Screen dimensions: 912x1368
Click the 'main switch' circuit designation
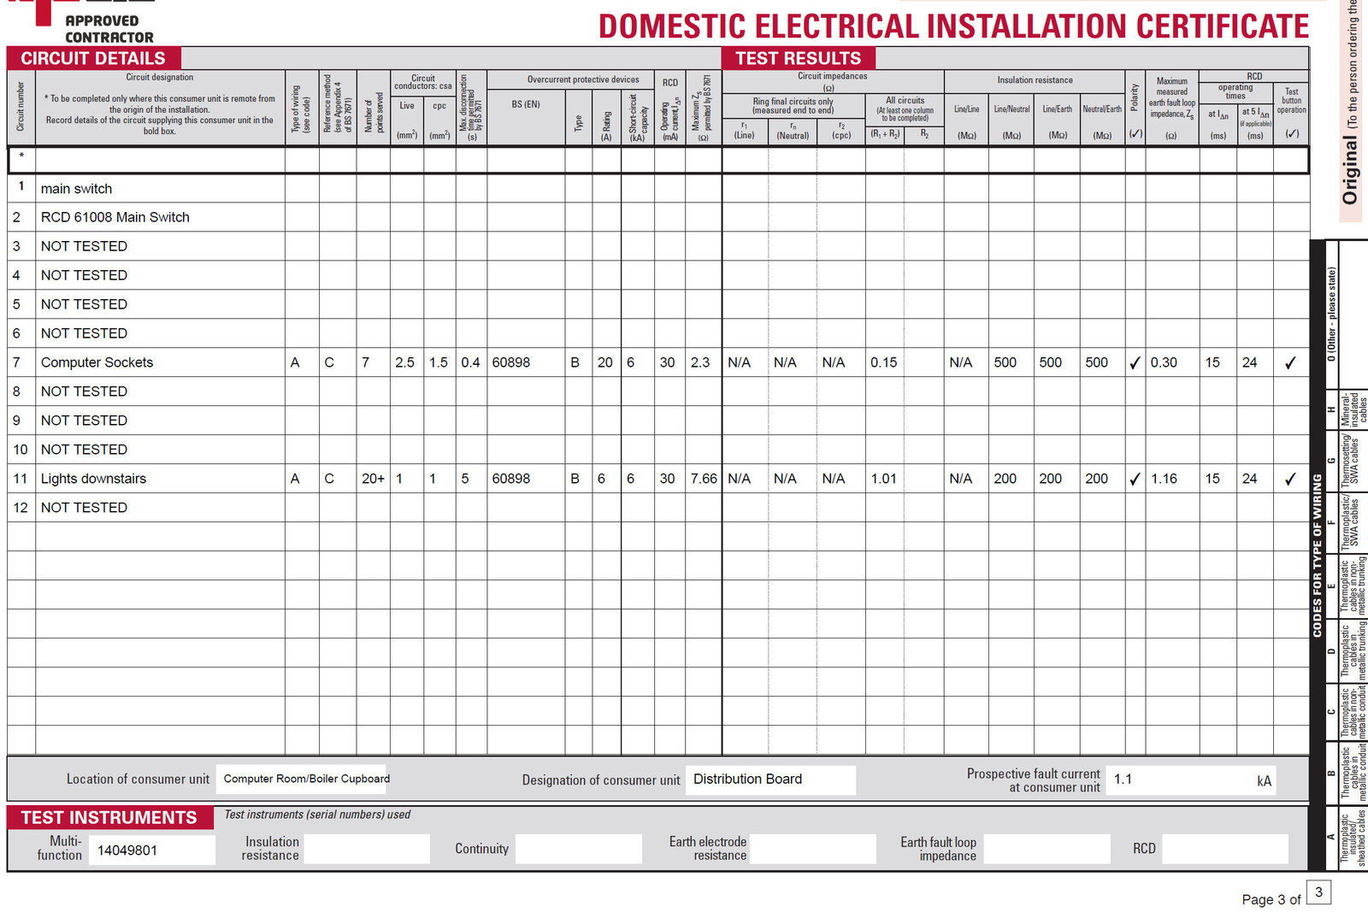point(76,189)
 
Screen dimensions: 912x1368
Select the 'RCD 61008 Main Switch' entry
point(115,217)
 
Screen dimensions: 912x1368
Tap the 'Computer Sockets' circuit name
point(97,362)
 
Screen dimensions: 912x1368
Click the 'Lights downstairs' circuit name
point(93,479)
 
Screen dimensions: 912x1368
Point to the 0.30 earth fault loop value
point(1164,362)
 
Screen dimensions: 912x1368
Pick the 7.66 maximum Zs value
point(704,479)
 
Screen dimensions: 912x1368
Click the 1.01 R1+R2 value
point(883,479)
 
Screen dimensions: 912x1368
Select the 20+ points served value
point(373,479)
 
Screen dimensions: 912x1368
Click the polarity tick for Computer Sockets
point(1135,363)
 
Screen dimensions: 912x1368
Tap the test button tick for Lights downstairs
point(1290,480)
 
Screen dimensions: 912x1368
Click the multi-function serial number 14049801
point(127,850)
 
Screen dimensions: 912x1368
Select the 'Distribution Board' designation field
point(748,780)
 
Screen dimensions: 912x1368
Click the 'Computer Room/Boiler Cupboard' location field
point(306,779)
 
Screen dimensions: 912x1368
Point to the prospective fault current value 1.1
point(1123,780)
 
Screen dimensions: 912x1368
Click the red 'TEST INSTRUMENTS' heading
point(109,818)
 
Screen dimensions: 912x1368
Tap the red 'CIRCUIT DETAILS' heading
point(93,58)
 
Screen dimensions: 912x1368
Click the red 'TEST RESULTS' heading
point(799,58)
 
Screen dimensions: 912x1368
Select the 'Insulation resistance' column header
point(1035,80)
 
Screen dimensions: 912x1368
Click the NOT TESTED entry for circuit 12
point(84,508)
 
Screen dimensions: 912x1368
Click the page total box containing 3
point(1318,892)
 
